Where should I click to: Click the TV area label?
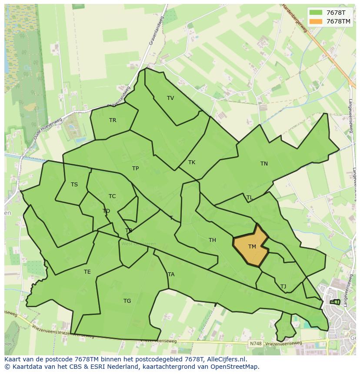coord(170,98)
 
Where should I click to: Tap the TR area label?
coord(113,120)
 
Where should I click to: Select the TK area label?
coord(192,162)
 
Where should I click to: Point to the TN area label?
coord(264,164)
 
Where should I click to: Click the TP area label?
coord(135,169)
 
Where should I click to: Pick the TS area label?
coord(74,185)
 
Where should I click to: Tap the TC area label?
coord(112,196)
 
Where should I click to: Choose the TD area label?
coord(106,211)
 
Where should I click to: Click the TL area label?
coord(250,198)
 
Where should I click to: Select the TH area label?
coord(212,240)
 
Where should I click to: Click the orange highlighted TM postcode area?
coord(252,247)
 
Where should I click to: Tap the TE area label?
coord(87,272)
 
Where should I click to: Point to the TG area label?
coord(127,301)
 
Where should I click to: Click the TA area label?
coord(171,275)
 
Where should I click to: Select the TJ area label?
coord(283,287)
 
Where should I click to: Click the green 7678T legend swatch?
coord(316,12)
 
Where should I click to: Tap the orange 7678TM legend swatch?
coord(316,21)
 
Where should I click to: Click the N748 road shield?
coord(256,344)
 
